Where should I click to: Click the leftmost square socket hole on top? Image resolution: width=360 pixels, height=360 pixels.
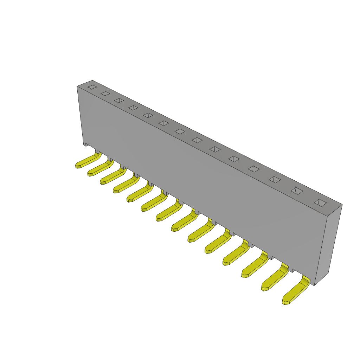pyautogui.click(x=92, y=87)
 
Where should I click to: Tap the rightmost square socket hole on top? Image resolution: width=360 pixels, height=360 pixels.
pyautogui.click(x=320, y=202)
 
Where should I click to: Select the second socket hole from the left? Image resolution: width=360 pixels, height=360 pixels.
pyautogui.click(x=105, y=94)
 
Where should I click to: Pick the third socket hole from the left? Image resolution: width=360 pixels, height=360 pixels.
pyautogui.click(x=119, y=101)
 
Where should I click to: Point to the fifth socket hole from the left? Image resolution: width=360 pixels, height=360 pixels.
pyautogui.click(x=148, y=115)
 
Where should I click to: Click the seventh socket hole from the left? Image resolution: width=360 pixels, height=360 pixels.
pyautogui.click(x=180, y=131)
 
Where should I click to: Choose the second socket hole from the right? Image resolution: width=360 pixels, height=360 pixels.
pyautogui.click(x=297, y=191)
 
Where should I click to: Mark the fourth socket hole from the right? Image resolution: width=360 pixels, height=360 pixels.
pyautogui.click(x=253, y=169)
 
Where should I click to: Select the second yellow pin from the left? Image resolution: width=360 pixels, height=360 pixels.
pyautogui.click(x=100, y=168)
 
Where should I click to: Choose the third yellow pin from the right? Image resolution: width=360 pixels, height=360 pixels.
pyautogui.click(x=255, y=265)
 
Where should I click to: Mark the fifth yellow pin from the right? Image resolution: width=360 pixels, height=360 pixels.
pyautogui.click(x=218, y=242)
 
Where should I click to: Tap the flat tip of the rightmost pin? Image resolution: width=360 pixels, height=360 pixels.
pyautogui.click(x=286, y=302)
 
